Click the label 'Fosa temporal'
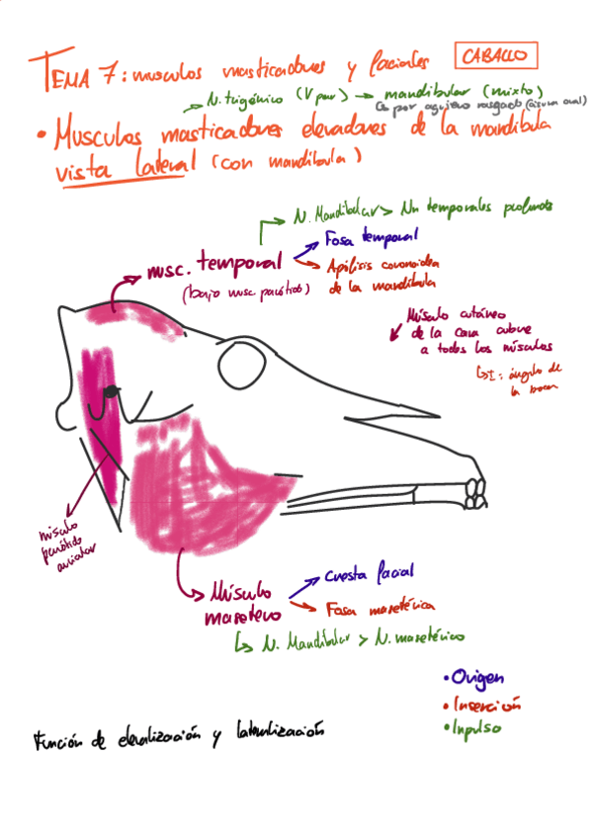pyautogui.click(x=372, y=237)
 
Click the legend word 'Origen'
pyautogui.click(x=476, y=678)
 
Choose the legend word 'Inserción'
pyautogui.click(x=482, y=705)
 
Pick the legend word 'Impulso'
pyautogui.click(x=475, y=728)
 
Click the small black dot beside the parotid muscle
pyautogui.click(x=111, y=392)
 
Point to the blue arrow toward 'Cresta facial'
pyautogui.click(x=303, y=583)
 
